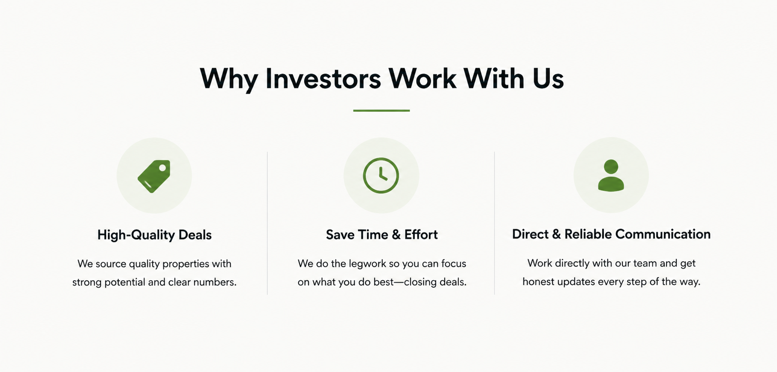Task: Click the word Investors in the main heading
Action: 323,79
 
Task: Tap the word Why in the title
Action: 229,79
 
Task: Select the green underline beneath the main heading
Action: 381,110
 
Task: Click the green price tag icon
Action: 154,176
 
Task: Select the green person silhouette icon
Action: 611,175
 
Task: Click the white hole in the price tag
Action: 162,168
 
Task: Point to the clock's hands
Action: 382,174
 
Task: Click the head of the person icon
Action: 611,166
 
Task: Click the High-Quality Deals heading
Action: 154,235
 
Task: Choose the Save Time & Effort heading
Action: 381,234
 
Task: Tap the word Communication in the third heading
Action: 663,234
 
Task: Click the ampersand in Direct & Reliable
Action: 556,234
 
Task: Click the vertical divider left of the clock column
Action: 267,223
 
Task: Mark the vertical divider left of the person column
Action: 495,223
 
